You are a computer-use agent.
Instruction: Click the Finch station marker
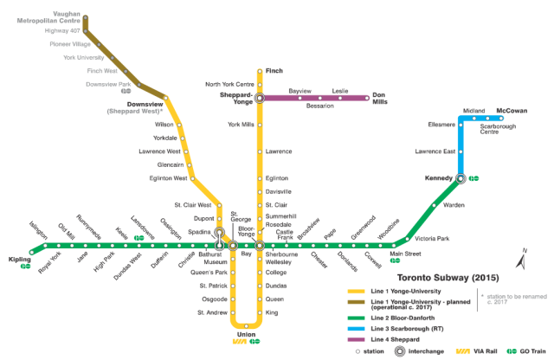260,71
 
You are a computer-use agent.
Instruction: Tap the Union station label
246,334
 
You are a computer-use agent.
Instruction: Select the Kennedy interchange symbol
461,178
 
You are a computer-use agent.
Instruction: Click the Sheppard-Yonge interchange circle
260,98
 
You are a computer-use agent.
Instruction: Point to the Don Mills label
380,98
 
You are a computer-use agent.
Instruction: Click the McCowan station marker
501,119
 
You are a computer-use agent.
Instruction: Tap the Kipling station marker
32,252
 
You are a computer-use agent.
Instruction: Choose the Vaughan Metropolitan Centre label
48,17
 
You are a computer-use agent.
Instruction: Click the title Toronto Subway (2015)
448,278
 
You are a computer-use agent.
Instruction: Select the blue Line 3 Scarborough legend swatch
356,329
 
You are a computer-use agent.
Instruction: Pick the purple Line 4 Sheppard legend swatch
356,339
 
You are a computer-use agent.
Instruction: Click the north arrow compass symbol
521,259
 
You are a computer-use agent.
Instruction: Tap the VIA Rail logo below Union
240,341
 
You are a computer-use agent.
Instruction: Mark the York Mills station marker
260,125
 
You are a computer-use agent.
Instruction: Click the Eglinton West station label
168,178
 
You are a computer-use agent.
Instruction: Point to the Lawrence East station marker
461,151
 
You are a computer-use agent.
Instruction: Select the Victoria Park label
432,239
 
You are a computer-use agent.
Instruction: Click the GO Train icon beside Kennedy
473,178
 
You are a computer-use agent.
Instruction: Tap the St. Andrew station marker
233,312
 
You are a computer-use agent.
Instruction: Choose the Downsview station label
145,104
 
